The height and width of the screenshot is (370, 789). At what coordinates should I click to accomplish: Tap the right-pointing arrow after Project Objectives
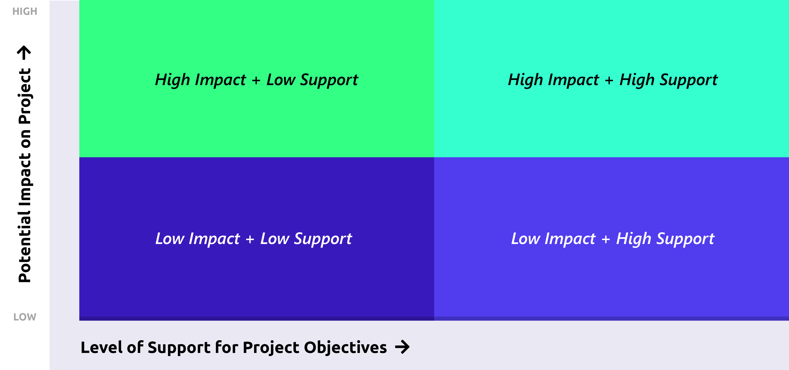click(402, 347)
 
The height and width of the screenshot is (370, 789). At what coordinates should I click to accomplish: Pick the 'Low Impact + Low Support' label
click(254, 239)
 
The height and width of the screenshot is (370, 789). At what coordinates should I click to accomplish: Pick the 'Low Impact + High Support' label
click(613, 239)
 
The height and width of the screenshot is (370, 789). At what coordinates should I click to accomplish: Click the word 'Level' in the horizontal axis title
click(101, 347)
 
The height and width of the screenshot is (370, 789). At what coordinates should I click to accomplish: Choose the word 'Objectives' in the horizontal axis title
click(345, 347)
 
